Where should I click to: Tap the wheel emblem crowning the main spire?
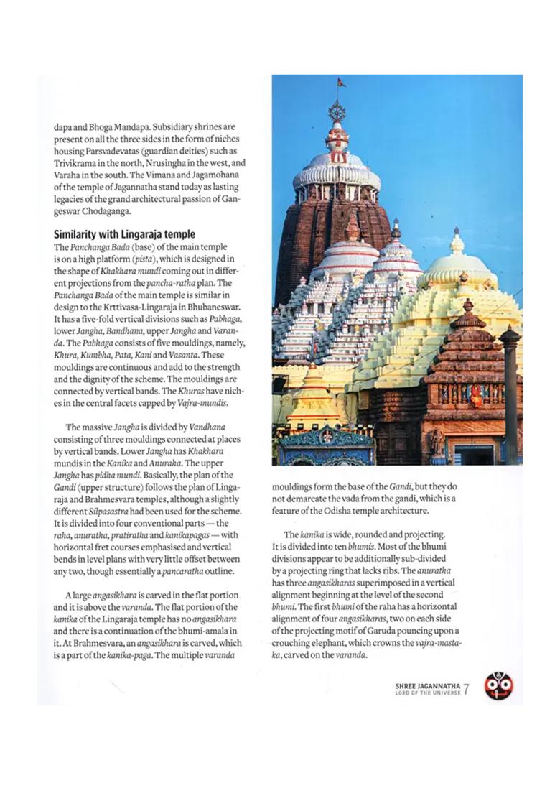tap(337, 111)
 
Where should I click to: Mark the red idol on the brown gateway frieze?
tap(476, 395)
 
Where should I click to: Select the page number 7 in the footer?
tap(466, 688)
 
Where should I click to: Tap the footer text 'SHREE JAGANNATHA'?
tap(427, 686)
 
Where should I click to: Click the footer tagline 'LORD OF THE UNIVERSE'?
tap(427, 694)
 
